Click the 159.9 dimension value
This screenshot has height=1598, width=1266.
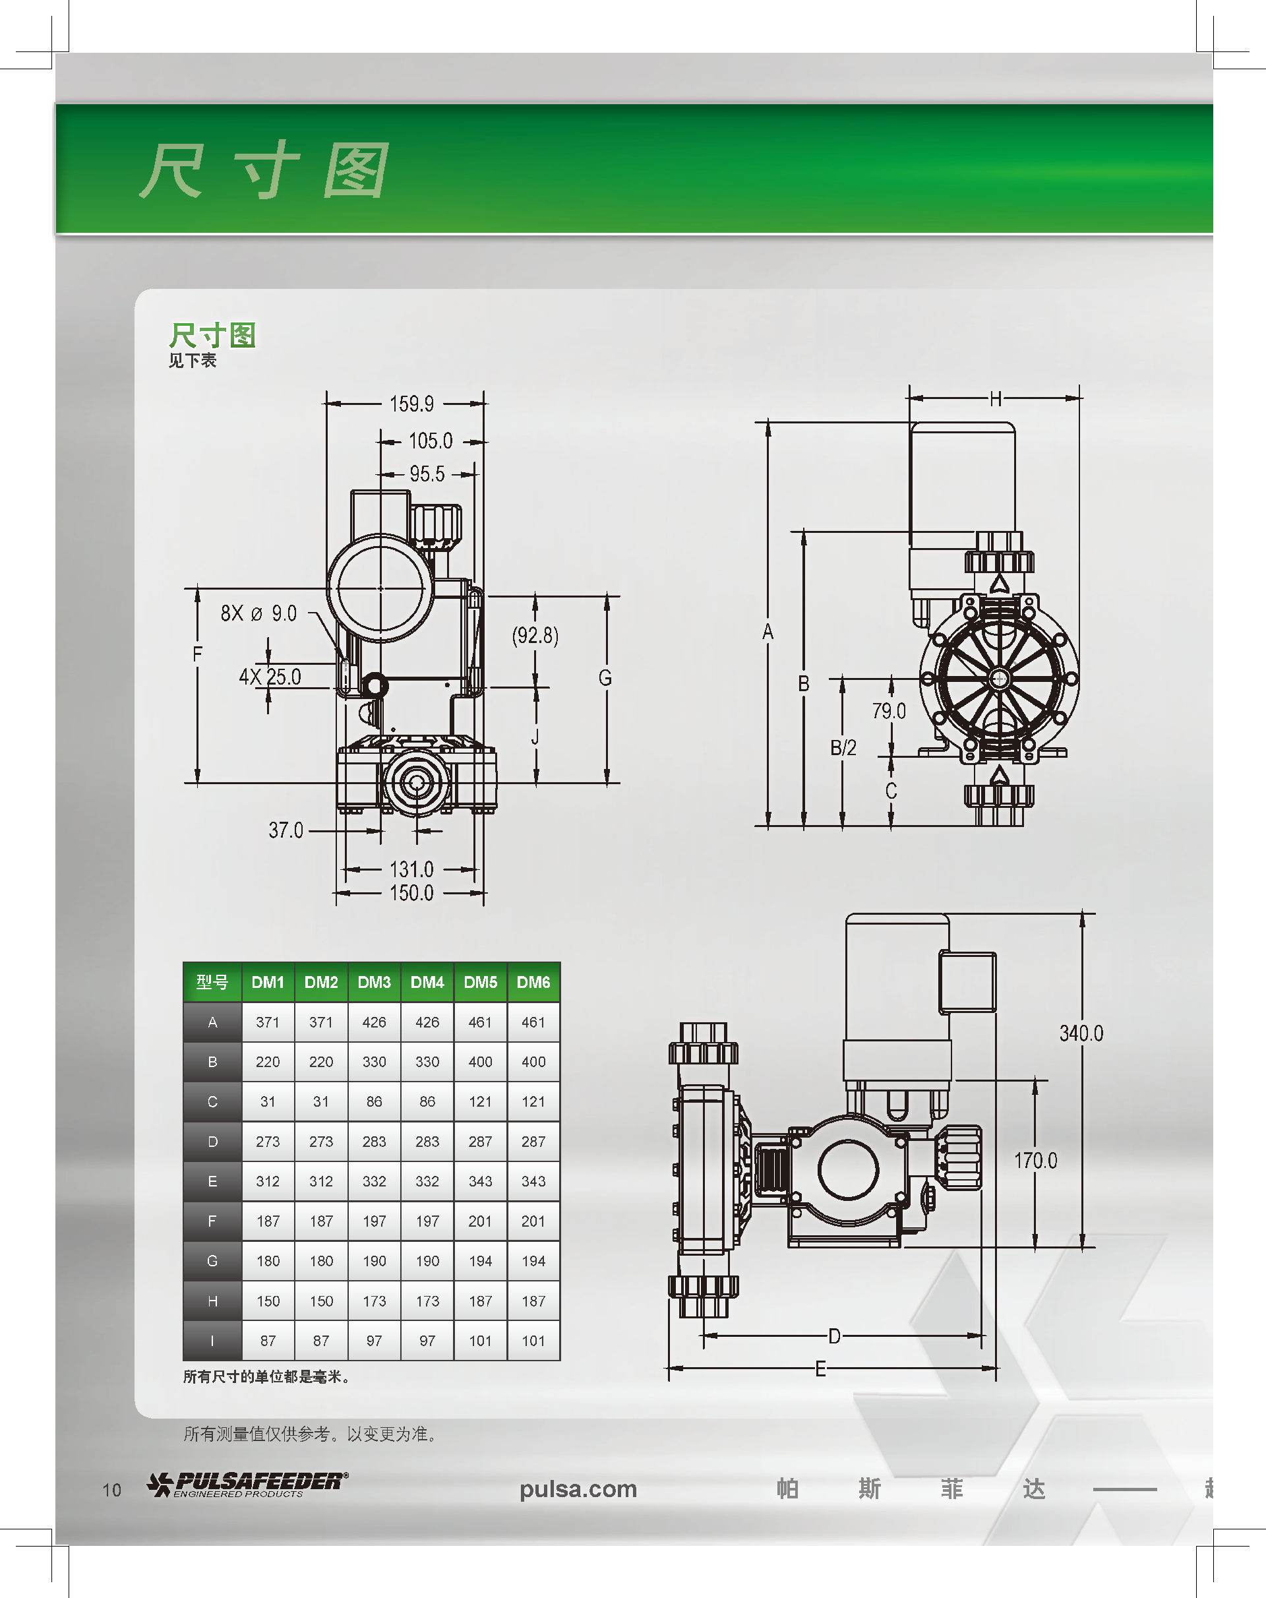click(x=411, y=404)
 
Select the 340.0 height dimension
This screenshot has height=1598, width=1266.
click(x=1081, y=1033)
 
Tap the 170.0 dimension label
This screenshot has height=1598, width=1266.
click(x=1035, y=1161)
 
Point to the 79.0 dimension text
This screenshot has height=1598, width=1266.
click(x=889, y=712)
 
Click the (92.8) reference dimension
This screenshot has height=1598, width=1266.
click(x=535, y=635)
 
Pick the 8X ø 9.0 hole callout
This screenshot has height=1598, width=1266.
click(x=258, y=613)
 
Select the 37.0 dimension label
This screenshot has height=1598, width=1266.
click(x=286, y=830)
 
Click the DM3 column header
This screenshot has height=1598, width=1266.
click(x=375, y=982)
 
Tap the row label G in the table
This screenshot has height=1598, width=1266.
click(x=213, y=1261)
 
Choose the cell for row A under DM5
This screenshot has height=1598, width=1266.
click(x=480, y=1022)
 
